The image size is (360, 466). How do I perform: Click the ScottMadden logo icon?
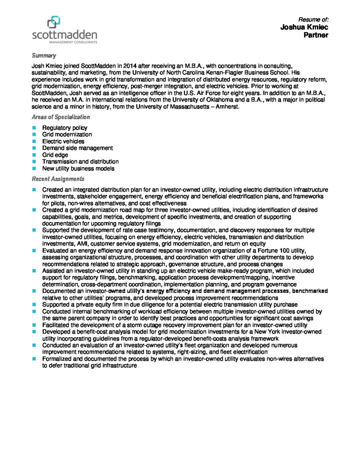point(54,22)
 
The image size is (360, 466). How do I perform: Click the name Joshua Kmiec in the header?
point(304,27)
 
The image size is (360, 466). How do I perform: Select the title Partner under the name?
point(316,35)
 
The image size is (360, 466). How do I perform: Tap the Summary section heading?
point(44,56)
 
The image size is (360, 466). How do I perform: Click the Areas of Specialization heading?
point(61,117)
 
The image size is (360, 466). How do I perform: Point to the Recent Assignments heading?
point(58,179)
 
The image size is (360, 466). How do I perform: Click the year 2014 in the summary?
point(130,66)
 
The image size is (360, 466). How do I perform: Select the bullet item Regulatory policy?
point(65,128)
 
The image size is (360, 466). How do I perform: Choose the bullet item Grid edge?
point(55,155)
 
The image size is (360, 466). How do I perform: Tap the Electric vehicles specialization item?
point(63,141)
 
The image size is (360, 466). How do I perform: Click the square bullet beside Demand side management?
point(34,148)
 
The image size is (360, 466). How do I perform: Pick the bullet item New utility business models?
point(78,168)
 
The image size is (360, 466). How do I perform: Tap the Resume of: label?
point(313,20)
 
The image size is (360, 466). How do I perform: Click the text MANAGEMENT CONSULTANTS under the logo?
point(73,42)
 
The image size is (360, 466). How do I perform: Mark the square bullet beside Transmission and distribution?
point(34,162)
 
